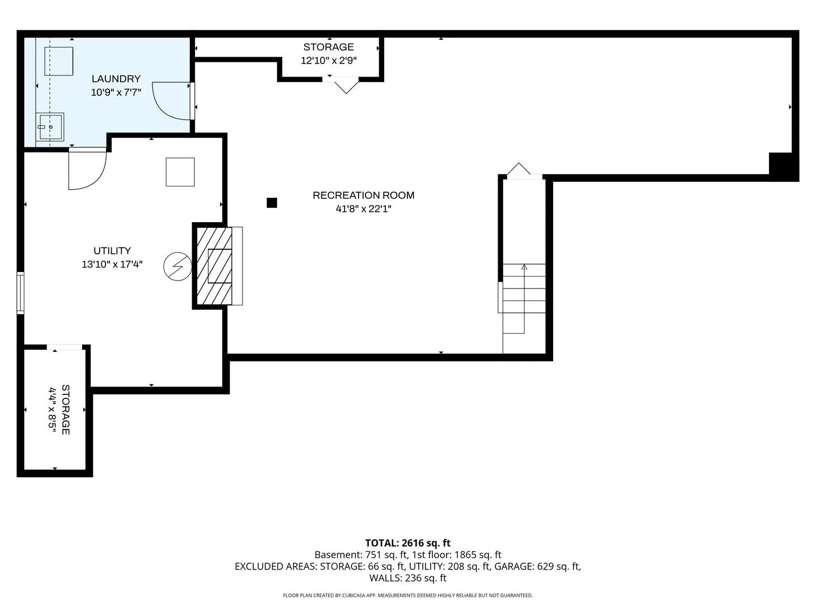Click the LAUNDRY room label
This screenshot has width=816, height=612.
[x=116, y=79]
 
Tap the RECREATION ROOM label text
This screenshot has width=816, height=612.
[x=363, y=195]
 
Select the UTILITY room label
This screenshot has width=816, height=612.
[x=112, y=250]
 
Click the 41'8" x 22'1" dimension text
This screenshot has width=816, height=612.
[x=363, y=209]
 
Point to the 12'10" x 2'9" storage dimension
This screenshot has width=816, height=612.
[x=329, y=60]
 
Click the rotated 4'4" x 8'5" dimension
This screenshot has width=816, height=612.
[x=52, y=410]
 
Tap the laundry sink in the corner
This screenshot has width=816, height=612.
[x=50, y=127]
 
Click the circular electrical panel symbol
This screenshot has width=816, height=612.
[x=178, y=266]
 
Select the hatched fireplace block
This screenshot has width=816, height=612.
[x=214, y=266]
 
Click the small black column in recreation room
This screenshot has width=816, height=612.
[x=272, y=203]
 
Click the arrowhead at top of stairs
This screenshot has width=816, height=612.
[x=524, y=267]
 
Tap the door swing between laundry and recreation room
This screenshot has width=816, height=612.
[x=171, y=101]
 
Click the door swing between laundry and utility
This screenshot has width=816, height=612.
[x=87, y=169]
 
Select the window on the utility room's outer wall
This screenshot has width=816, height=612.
[x=20, y=293]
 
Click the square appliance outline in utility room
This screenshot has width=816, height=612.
[x=180, y=172]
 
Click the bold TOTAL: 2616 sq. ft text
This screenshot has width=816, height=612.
[x=408, y=543]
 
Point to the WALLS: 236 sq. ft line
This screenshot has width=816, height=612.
[x=408, y=578]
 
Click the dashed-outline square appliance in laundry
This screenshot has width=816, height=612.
[x=59, y=61]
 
